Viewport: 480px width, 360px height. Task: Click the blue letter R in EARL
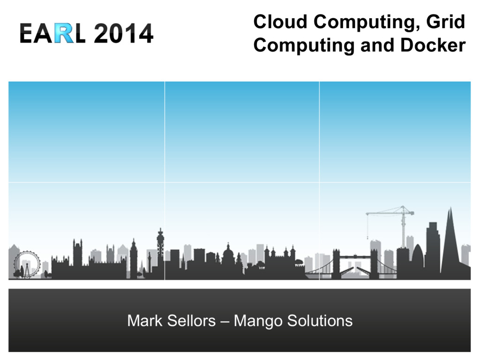pyautogui.click(x=64, y=33)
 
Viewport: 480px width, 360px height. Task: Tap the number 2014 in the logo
pyautogui.click(x=123, y=33)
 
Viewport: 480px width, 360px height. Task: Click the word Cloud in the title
pyautogui.click(x=280, y=22)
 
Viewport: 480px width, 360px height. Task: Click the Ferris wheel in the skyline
pyautogui.click(x=27, y=264)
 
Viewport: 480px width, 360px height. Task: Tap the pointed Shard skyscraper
pyautogui.click(x=450, y=244)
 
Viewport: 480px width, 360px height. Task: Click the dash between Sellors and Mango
pyautogui.click(x=225, y=322)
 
